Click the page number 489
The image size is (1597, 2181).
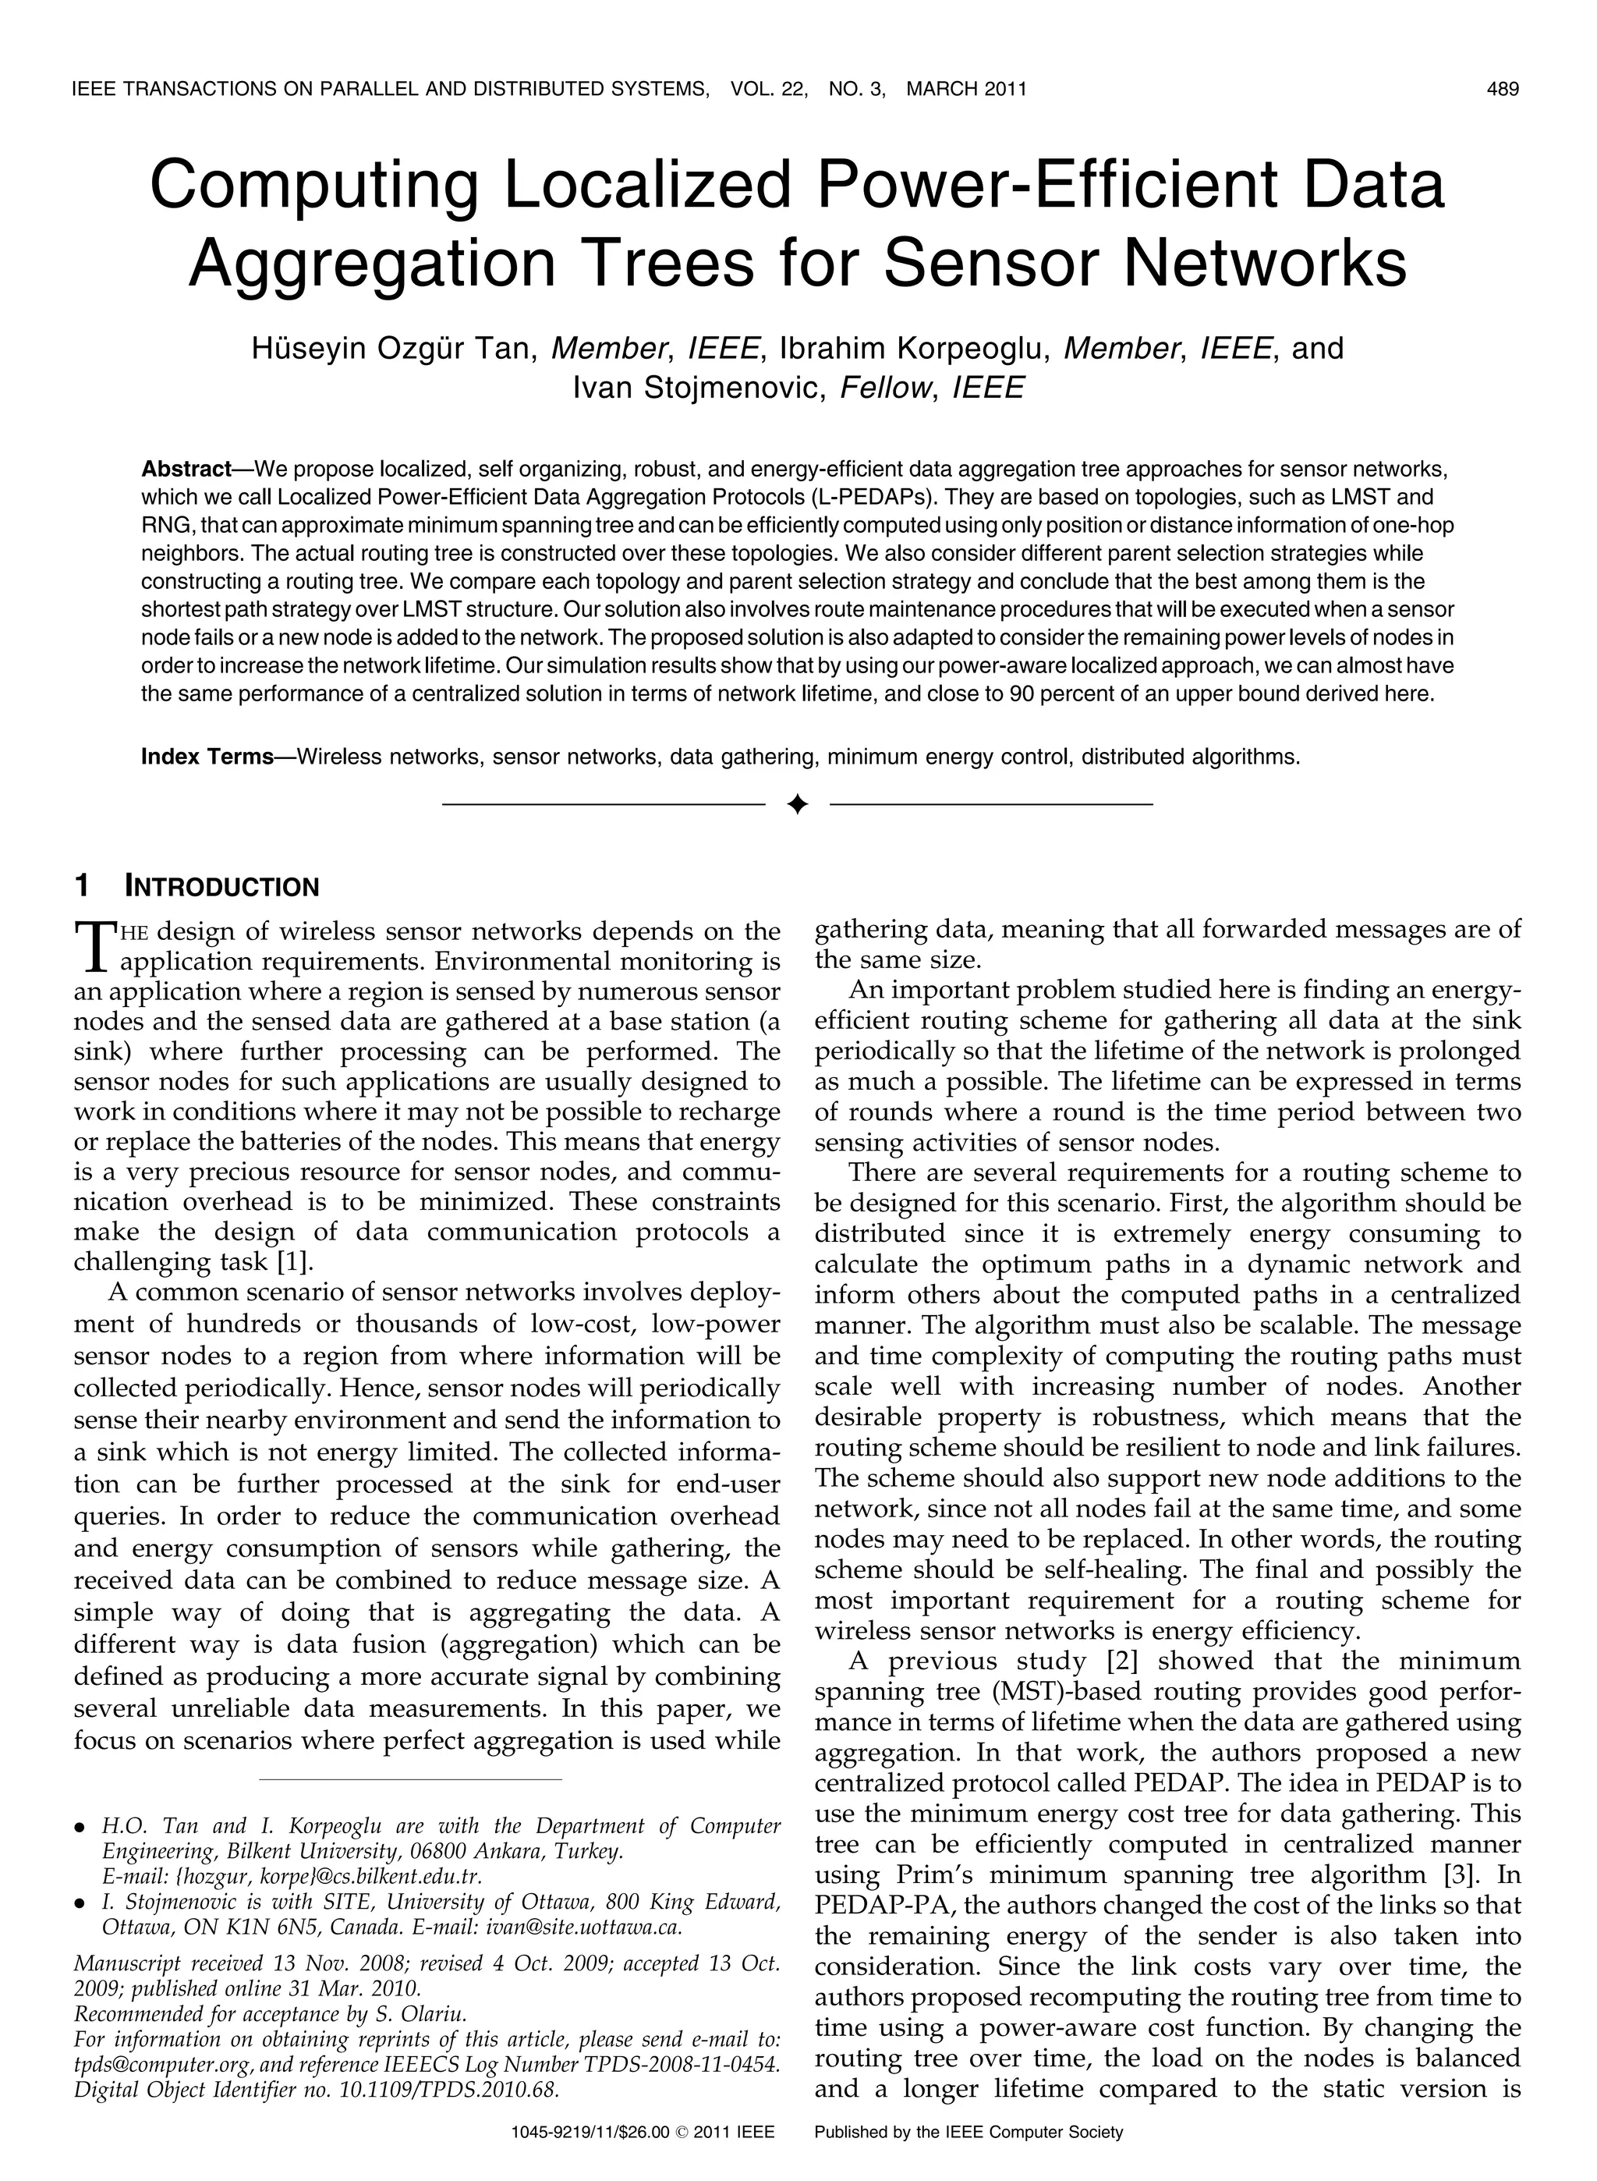1503,90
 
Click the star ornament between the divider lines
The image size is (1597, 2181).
797,804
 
